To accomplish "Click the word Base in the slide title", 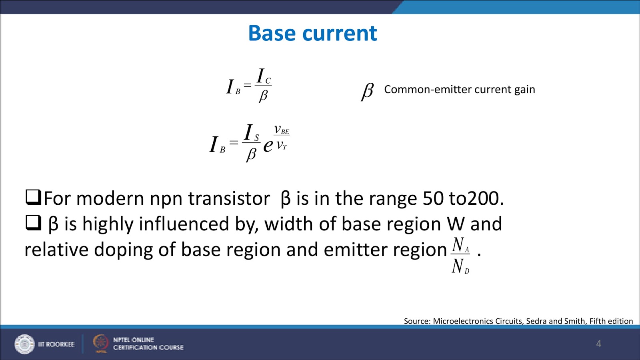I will (x=272, y=33).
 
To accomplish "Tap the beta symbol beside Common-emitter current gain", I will (x=367, y=91).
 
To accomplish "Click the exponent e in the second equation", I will (x=268, y=145).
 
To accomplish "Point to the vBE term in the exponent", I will (x=281, y=130).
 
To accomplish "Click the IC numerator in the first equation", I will (x=263, y=76).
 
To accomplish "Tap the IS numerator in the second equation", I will (x=251, y=133).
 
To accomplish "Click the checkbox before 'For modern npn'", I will (x=33, y=197).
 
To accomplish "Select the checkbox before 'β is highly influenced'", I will (x=33, y=223).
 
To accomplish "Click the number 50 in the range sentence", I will (x=433, y=198).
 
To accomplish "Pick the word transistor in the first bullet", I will (x=229, y=198).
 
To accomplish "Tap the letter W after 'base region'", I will (x=456, y=224).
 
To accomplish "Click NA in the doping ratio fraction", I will (x=460, y=245).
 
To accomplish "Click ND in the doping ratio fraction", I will (x=460, y=266).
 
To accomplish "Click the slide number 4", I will (x=598, y=344).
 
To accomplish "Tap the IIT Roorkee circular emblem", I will (x=24, y=344).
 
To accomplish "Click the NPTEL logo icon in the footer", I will (x=101, y=343).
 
